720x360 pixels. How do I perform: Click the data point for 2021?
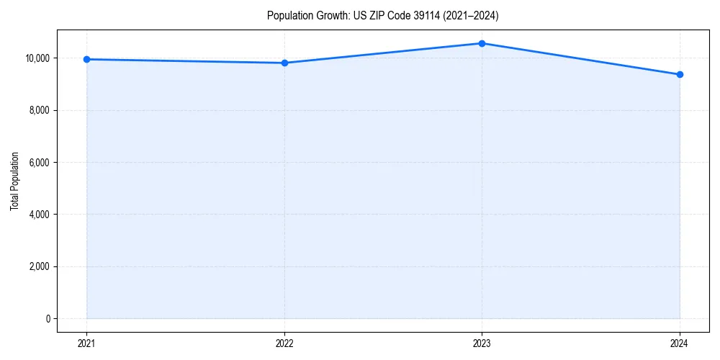(86, 59)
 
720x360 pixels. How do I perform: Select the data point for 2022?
(284, 63)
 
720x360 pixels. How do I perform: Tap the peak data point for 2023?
(482, 43)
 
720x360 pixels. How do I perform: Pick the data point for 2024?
(680, 74)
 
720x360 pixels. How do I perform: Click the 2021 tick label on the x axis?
(86, 343)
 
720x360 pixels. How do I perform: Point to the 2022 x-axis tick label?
(284, 343)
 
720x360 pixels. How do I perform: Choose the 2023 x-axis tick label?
(482, 343)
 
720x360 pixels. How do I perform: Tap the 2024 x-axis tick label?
(680, 343)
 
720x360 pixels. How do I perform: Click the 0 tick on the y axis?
(48, 319)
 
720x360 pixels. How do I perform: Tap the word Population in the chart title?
(288, 15)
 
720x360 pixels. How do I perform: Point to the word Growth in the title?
(330, 15)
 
